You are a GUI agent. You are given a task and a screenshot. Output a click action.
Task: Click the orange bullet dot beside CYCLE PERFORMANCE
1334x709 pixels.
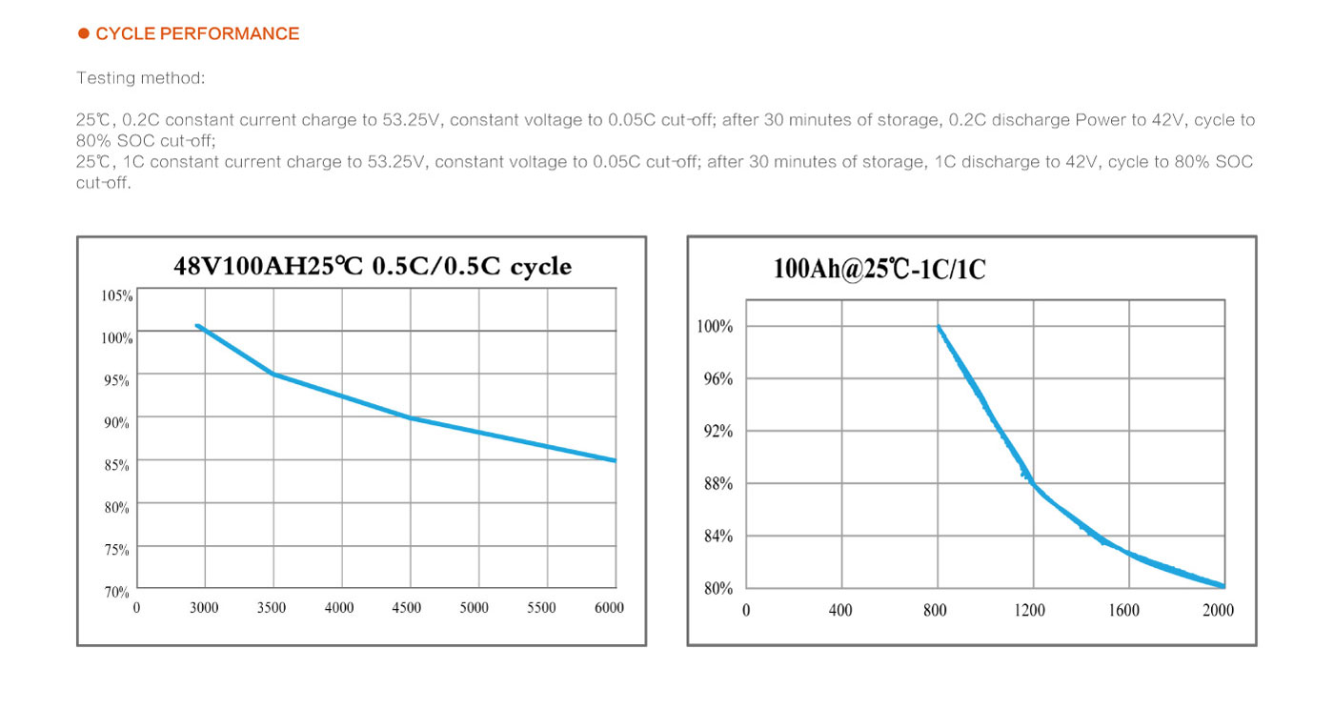point(84,33)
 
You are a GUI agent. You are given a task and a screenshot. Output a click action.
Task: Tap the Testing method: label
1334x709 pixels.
point(141,78)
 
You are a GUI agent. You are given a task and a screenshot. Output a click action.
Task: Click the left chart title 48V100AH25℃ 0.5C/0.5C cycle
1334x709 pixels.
point(373,266)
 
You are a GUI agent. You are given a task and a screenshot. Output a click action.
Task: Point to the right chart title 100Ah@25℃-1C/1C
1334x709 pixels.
point(879,269)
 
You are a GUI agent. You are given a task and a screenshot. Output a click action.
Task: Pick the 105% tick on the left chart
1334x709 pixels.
point(116,295)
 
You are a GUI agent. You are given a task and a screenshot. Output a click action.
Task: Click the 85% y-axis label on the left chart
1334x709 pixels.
point(116,465)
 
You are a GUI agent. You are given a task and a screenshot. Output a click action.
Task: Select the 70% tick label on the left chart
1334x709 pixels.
point(116,592)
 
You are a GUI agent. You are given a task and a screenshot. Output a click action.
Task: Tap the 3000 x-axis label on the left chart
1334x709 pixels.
point(204,608)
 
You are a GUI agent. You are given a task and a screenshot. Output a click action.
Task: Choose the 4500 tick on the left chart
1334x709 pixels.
point(406,608)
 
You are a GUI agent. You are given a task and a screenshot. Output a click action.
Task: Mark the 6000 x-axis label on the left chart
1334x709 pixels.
point(609,608)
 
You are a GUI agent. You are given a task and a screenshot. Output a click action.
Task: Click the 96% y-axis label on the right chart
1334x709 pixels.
point(718,379)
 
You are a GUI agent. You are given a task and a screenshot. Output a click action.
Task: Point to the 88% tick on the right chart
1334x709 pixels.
point(718,483)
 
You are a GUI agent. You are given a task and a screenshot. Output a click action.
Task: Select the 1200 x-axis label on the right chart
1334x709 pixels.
point(1030,610)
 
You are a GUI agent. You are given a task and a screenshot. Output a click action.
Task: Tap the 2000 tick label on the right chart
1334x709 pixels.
point(1218,610)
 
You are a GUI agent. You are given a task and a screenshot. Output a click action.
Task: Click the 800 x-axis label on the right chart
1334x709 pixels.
point(935,610)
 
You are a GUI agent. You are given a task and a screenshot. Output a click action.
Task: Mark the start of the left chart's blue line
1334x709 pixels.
point(197,325)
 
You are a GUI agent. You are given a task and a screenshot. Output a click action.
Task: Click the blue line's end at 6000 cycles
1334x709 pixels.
point(616,460)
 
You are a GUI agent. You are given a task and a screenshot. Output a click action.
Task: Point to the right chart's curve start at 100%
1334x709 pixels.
point(939,327)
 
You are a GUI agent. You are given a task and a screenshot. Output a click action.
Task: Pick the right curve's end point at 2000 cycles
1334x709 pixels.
point(1223,586)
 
